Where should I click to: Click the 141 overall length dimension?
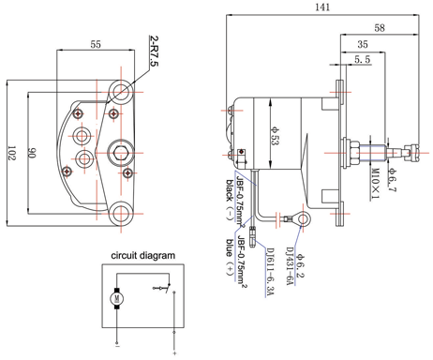pos(321,7)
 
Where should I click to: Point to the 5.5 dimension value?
pos(363,60)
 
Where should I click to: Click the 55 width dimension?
pos(96,44)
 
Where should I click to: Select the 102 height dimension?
pos(10,153)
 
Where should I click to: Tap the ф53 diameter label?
pos(276,137)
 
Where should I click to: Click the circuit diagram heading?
pos(144,255)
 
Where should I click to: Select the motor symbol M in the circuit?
pos(117,299)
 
